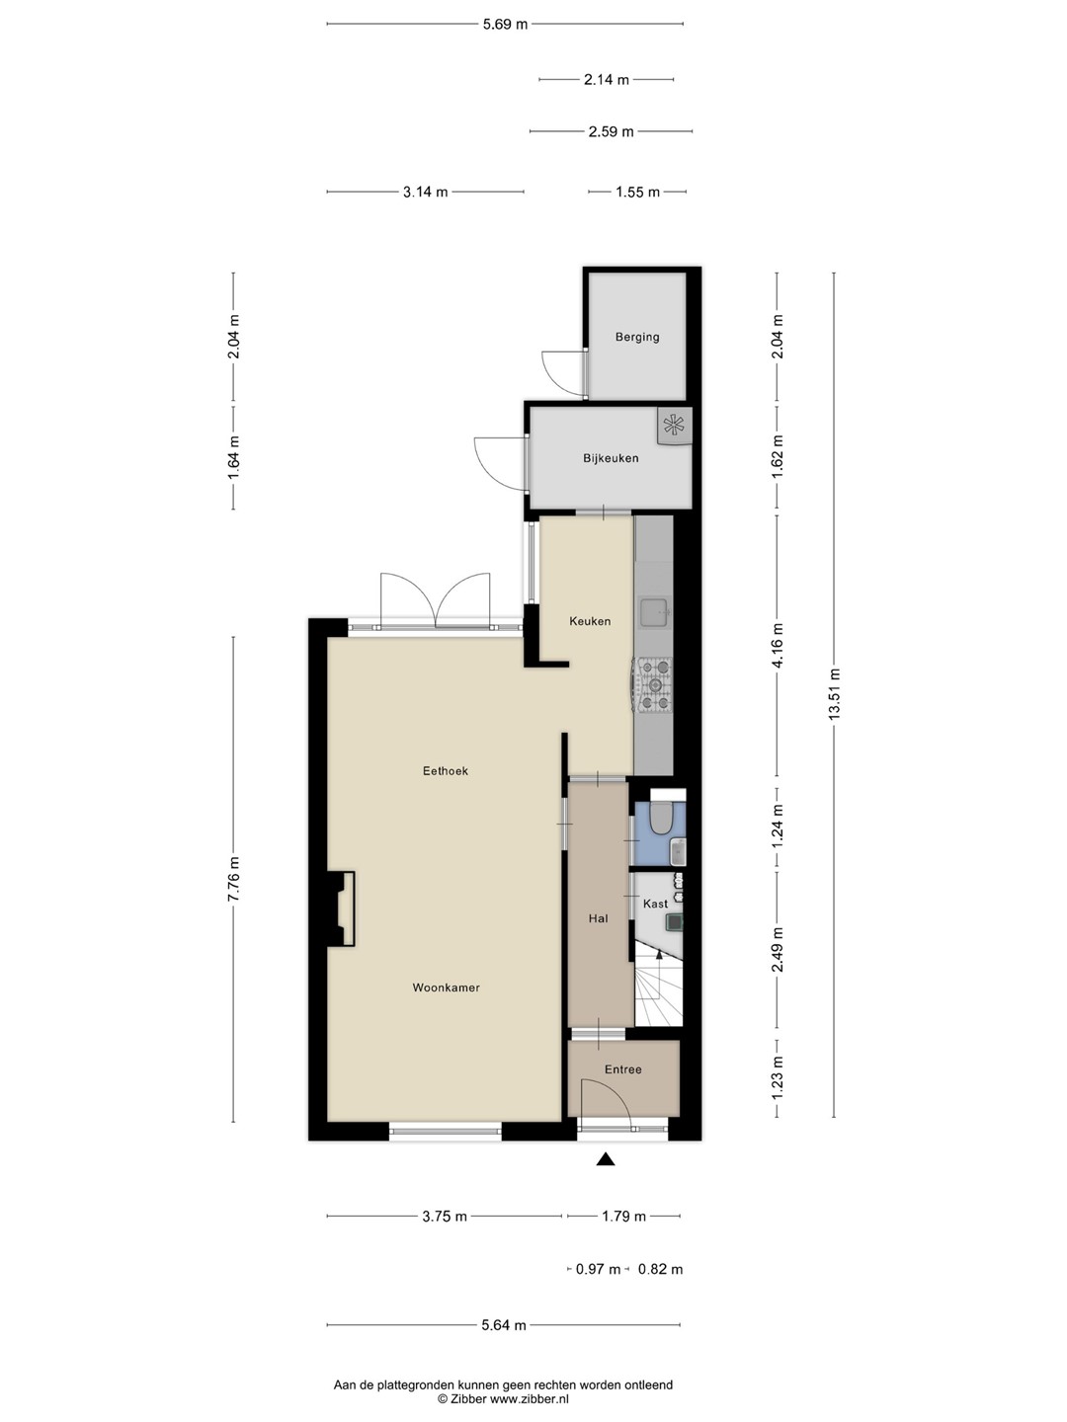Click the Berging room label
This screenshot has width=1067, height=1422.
coord(637,337)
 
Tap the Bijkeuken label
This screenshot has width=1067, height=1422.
coord(611,458)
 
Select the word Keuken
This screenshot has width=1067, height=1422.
coord(590,620)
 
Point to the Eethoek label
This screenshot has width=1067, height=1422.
coord(445,770)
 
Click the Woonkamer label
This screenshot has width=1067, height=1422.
coord(446,987)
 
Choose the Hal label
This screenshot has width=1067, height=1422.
coord(598,918)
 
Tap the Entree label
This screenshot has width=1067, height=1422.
coord(622,1068)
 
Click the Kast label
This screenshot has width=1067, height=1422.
coord(655,904)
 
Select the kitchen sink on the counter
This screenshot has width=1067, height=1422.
coord(654,612)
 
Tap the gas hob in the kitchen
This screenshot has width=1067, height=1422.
coord(654,684)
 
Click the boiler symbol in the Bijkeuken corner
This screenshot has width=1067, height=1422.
coord(675,425)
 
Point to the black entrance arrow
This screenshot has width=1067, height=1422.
coord(605,1159)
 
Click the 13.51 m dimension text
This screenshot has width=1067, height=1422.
coord(834,694)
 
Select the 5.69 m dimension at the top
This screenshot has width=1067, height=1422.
coord(505,25)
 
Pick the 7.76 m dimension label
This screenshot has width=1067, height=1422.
coord(233,879)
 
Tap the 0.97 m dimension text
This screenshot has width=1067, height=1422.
coord(598,1269)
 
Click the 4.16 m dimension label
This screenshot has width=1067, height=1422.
coord(778,646)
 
